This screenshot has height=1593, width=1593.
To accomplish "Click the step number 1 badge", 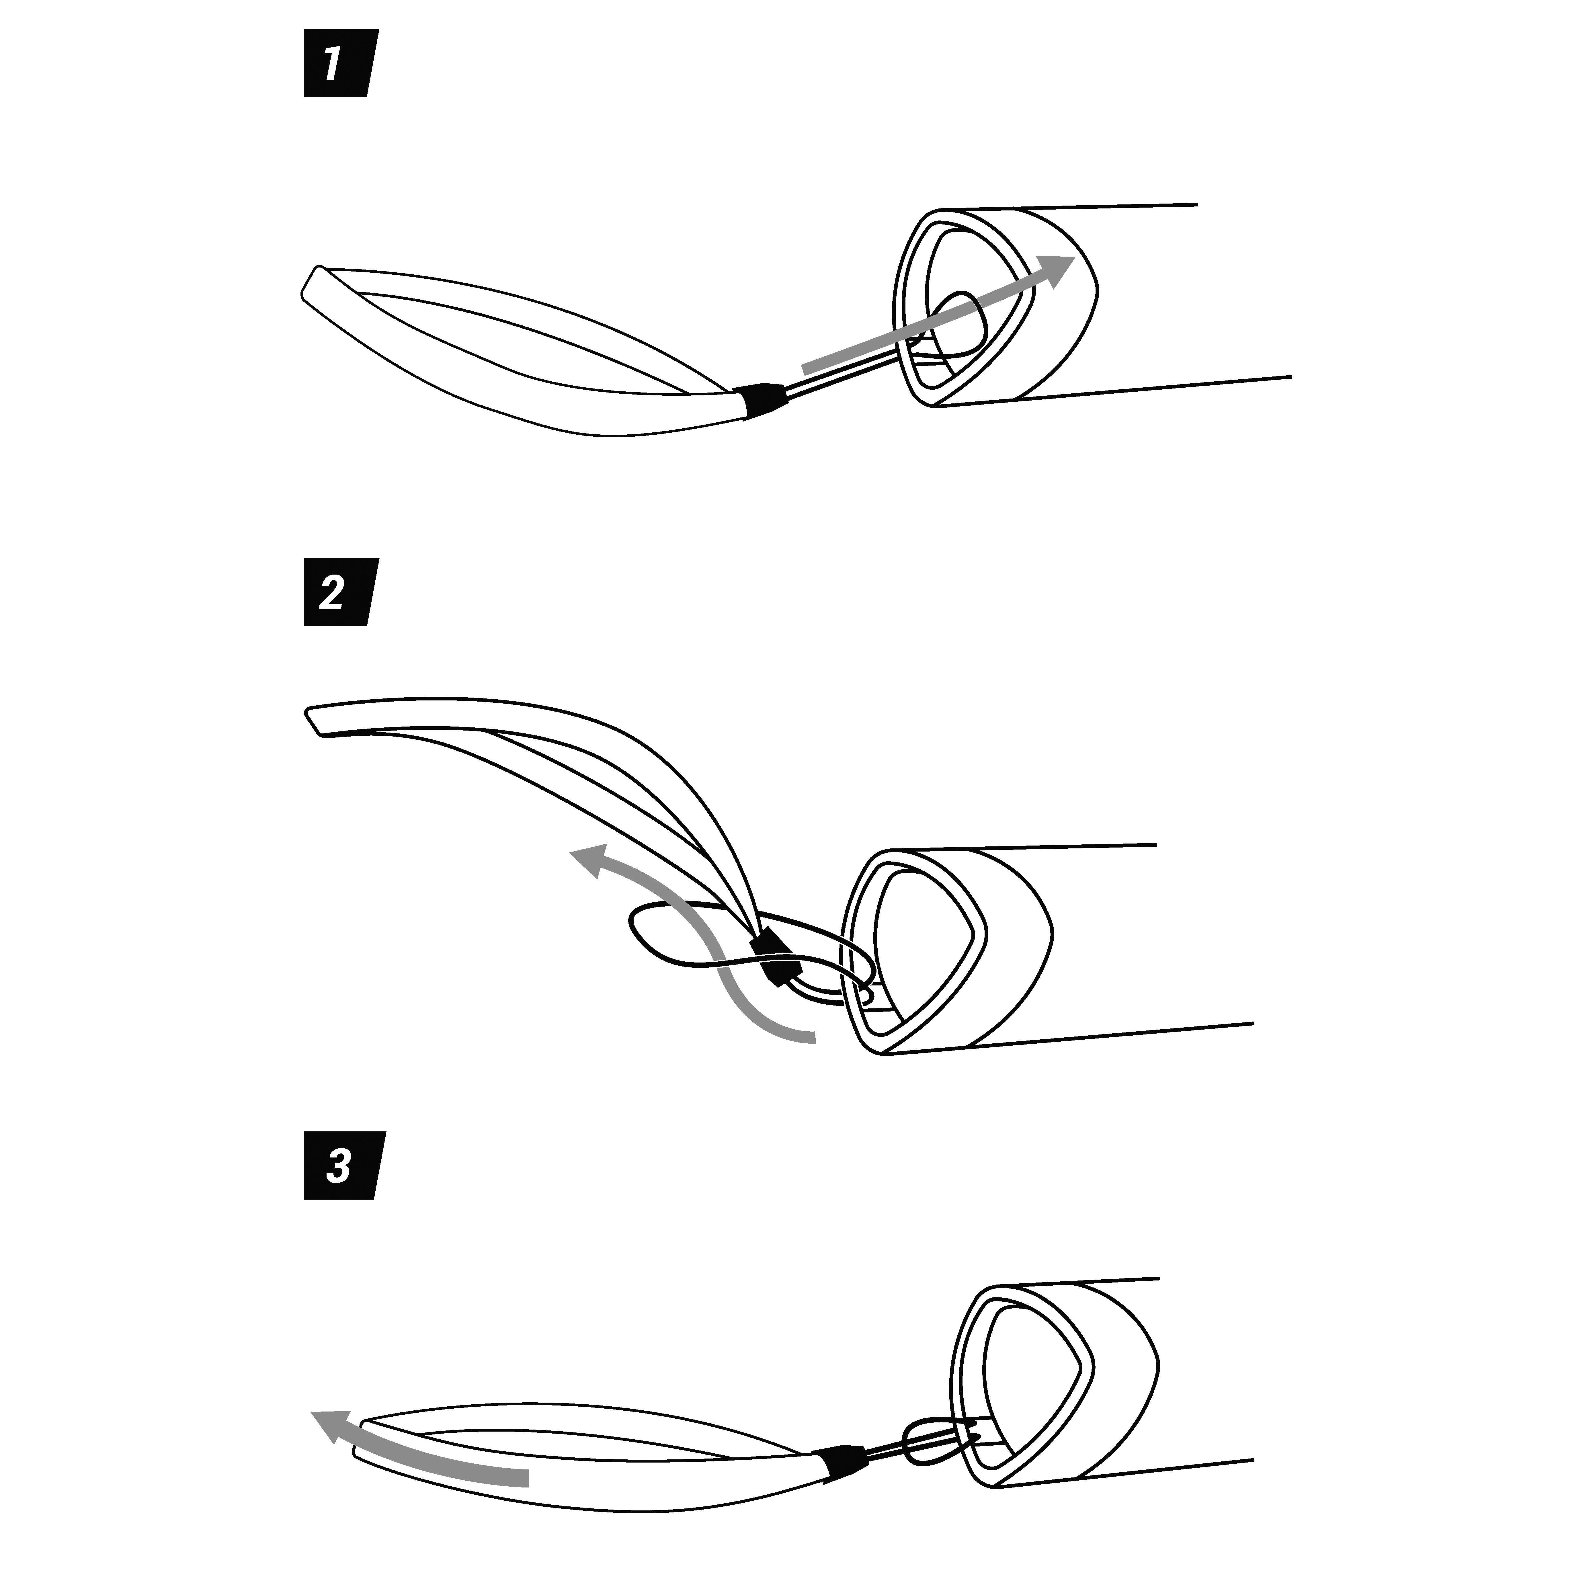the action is pos(341,63).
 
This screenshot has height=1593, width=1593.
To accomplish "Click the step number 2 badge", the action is pos(341,592).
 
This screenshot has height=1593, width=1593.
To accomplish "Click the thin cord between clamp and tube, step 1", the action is pos(841,375).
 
